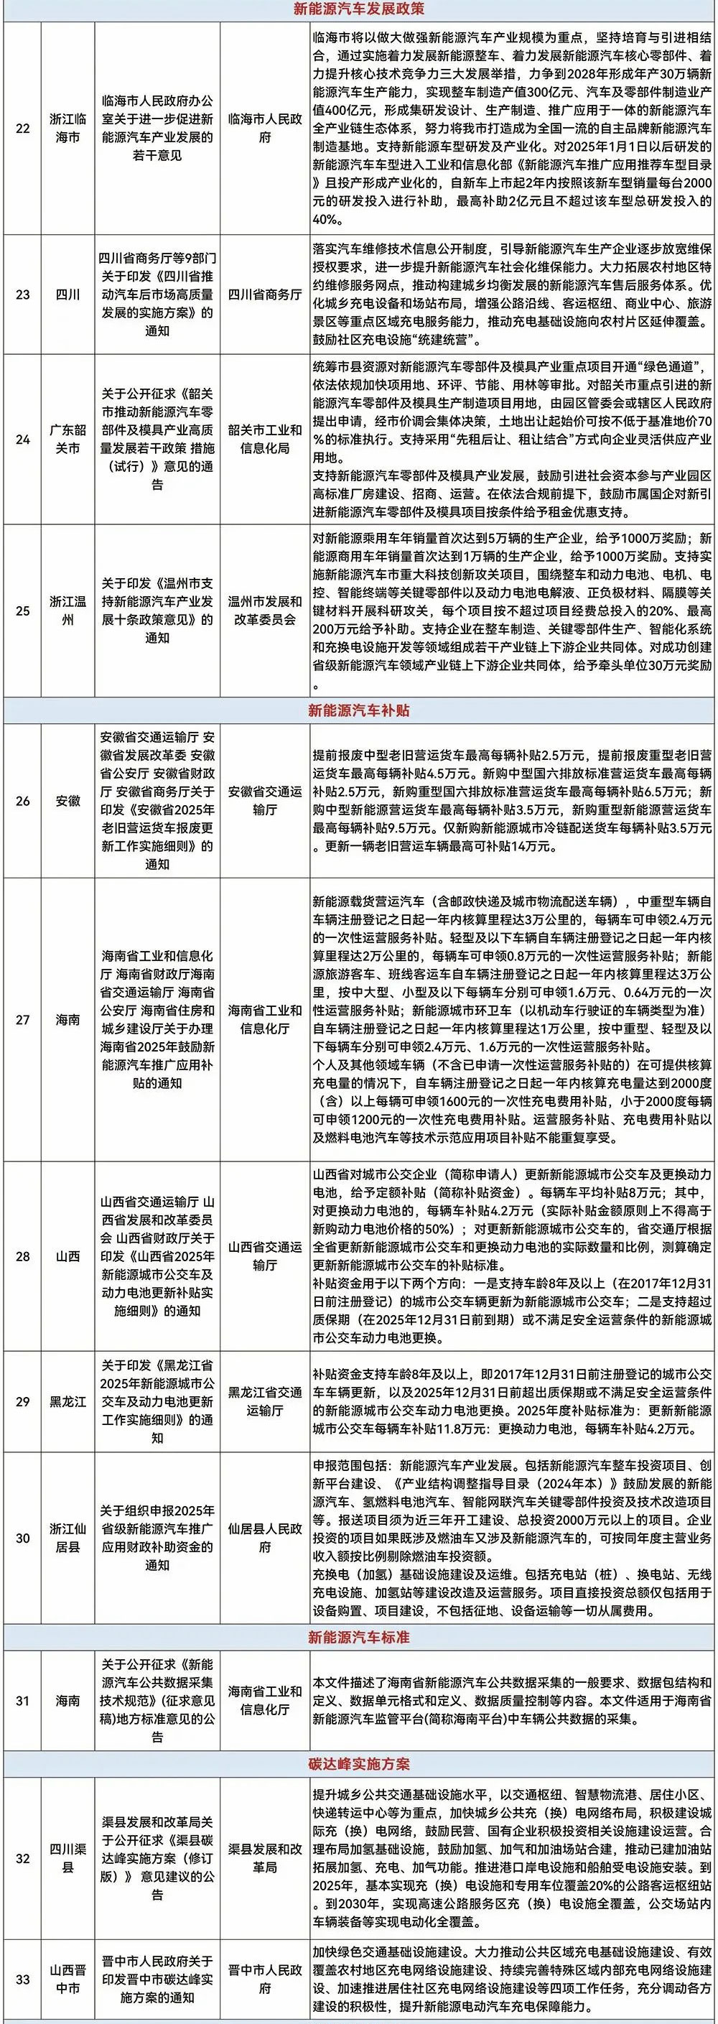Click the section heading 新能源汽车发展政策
coord(358,10)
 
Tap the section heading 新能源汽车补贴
coord(358,710)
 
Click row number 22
coord(23,127)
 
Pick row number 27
coord(23,1019)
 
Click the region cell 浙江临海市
coord(68,127)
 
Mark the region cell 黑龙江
coord(68,1401)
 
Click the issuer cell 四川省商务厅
coord(265,294)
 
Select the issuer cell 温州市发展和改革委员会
coord(265,610)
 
